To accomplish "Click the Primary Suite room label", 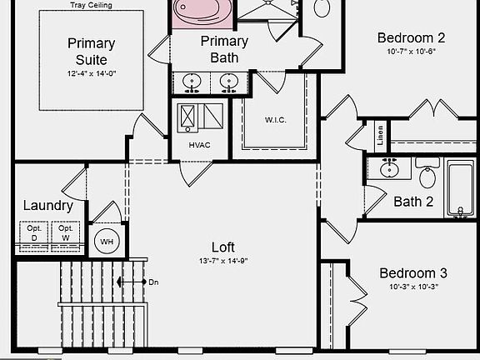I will (x=92, y=52).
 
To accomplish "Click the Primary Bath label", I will (x=224, y=49).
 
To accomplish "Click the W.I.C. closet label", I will (x=276, y=119).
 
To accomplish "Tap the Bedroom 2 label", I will (x=411, y=37).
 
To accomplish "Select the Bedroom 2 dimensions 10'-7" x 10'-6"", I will (x=411, y=52).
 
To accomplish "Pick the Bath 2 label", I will (x=413, y=201).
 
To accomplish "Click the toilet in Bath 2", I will (x=427, y=177).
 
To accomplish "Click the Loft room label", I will (x=223, y=247).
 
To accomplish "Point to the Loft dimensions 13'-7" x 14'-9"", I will (x=222, y=261).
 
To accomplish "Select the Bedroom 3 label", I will (x=413, y=273).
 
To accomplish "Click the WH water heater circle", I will (x=107, y=242).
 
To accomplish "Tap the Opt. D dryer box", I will (x=34, y=232).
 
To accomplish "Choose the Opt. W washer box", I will (x=65, y=232).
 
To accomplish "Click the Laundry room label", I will (x=47, y=206).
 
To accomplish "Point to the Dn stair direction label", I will (x=153, y=282).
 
